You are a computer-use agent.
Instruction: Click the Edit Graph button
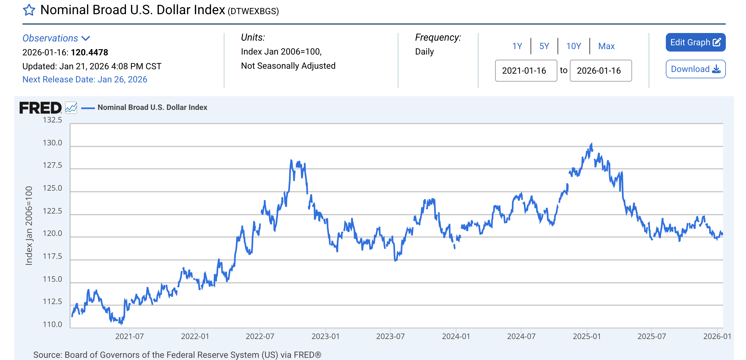(695, 42)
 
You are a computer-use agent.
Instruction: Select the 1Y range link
(517, 46)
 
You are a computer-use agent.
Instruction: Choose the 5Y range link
(544, 46)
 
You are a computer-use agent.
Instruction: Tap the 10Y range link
(573, 46)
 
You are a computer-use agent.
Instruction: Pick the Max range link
(606, 46)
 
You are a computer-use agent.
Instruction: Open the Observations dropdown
(56, 38)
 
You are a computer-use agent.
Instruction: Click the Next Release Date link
(85, 79)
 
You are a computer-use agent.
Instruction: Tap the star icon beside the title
(29, 10)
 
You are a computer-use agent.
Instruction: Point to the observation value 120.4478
(89, 52)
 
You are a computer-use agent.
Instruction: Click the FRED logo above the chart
(41, 108)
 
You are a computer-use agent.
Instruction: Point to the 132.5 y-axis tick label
(52, 120)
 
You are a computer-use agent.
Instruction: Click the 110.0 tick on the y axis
(52, 324)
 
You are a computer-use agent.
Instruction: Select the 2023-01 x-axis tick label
(325, 336)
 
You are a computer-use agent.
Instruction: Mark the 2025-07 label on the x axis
(652, 336)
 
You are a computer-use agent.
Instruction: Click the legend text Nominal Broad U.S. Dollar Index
(152, 107)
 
